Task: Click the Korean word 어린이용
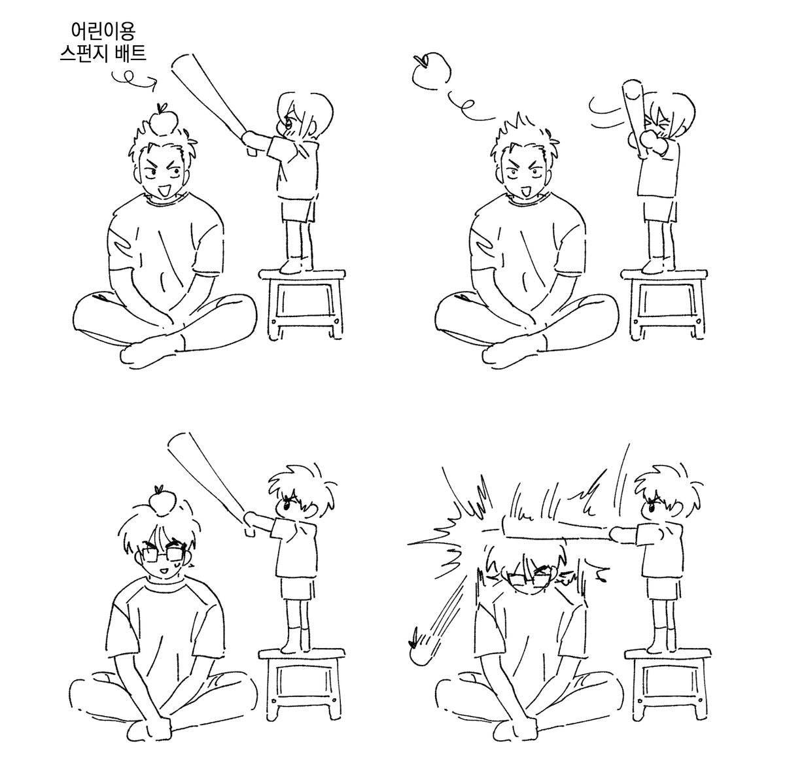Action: pos(103,31)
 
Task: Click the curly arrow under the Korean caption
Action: pos(134,78)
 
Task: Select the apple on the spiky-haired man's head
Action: pos(164,120)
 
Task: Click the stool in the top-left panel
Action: pos(302,305)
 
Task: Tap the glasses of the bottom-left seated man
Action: pos(166,555)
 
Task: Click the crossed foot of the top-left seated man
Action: pos(149,352)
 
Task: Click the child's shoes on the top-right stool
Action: pos(657,267)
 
